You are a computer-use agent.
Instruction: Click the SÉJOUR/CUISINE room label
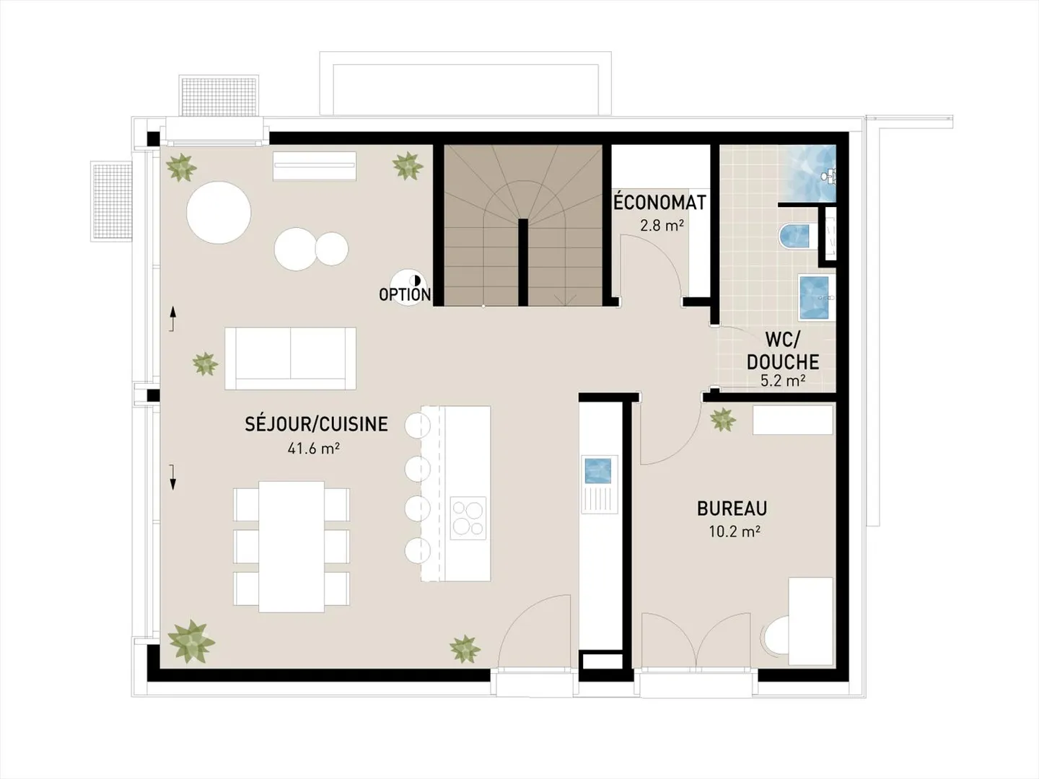click(x=316, y=424)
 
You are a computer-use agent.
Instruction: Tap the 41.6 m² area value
click(x=313, y=449)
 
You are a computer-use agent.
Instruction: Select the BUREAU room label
click(x=732, y=509)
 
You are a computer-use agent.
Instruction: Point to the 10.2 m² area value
click(x=735, y=532)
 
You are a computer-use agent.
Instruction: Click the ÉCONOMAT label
click(x=659, y=203)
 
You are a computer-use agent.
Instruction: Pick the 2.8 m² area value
click(x=662, y=226)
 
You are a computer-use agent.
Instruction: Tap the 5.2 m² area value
click(x=782, y=380)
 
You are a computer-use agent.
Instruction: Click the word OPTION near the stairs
click(x=405, y=294)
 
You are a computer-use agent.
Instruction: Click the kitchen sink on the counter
click(x=598, y=471)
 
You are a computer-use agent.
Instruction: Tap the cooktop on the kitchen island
click(x=468, y=519)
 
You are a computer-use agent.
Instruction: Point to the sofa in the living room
click(x=290, y=358)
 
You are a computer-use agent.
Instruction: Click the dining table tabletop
click(x=291, y=546)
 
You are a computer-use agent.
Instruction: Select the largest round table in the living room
click(x=219, y=213)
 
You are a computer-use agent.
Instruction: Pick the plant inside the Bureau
click(x=722, y=419)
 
